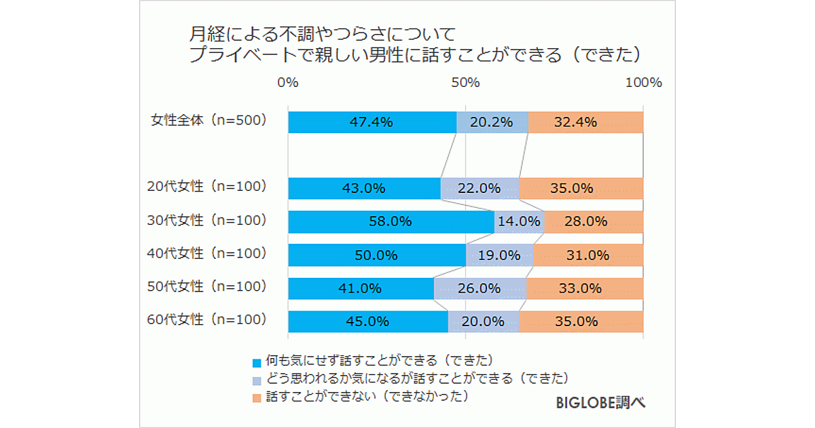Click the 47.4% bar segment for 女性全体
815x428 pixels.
372,122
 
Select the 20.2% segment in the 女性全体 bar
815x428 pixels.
492,122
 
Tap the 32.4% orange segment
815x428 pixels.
585,122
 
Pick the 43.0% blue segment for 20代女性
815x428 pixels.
364,188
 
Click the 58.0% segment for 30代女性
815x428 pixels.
391,221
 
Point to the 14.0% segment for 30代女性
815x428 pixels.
519,221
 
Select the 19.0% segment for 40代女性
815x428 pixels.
499,255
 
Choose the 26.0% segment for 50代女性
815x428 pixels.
480,288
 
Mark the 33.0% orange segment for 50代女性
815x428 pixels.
584,288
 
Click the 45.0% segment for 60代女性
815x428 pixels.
368,321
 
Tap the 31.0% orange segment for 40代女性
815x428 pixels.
588,255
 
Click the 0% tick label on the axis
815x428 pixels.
288,83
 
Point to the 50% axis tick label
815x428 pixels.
465,83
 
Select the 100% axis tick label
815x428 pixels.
642,83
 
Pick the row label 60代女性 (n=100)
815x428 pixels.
207,319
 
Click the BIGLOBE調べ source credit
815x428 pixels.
600,402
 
